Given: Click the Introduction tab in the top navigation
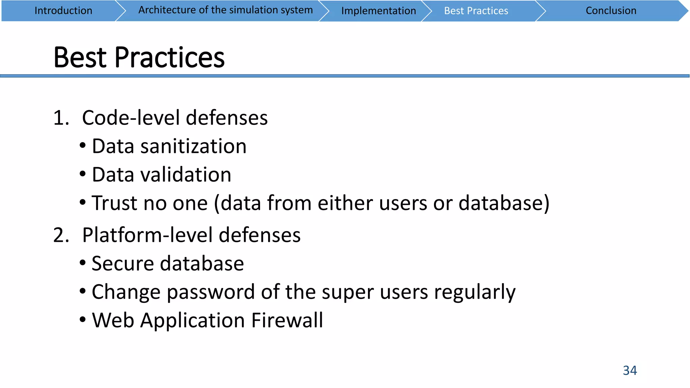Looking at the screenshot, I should click(63, 11).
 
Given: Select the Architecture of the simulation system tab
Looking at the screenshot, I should click(225, 10).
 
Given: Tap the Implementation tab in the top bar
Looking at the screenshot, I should click(378, 11).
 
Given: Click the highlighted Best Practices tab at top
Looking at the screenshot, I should click(476, 11).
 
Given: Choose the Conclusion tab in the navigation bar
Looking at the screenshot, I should click(611, 11).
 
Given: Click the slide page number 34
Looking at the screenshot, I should click(630, 370).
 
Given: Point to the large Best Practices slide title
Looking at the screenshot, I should click(139, 58).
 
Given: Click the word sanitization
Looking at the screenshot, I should click(193, 147).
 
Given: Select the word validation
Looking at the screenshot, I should click(186, 175).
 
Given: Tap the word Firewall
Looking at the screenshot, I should click(287, 320).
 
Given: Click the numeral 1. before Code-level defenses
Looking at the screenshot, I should click(61, 118).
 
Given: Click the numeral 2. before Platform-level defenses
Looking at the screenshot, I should click(61, 235).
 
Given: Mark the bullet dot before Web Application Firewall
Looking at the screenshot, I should click(83, 319).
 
